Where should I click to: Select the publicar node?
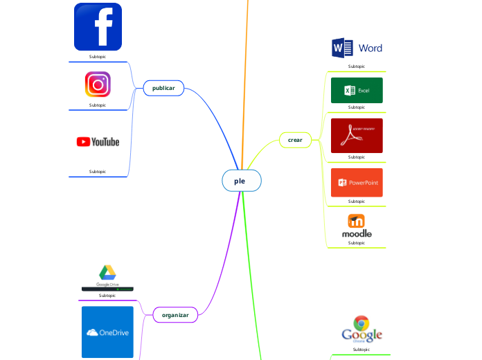[163, 88]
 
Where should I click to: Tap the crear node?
[295, 140]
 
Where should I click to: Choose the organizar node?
[175, 314]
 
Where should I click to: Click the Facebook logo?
[98, 27]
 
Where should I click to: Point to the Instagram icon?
[98, 84]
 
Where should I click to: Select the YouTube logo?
[98, 142]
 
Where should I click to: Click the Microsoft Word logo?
[357, 48]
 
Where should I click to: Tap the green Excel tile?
[357, 90]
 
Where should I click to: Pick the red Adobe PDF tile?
[357, 136]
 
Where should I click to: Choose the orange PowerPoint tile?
[357, 183]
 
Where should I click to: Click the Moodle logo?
[357, 226]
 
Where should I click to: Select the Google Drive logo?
[107, 277]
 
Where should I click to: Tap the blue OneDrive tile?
[107, 332]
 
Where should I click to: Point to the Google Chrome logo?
[361, 329]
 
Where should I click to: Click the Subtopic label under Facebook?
[98, 56]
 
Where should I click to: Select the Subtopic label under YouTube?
[98, 171]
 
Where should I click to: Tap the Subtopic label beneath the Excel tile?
[357, 107]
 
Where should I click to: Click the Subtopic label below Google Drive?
[107, 296]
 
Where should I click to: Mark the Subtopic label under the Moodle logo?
[357, 243]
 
